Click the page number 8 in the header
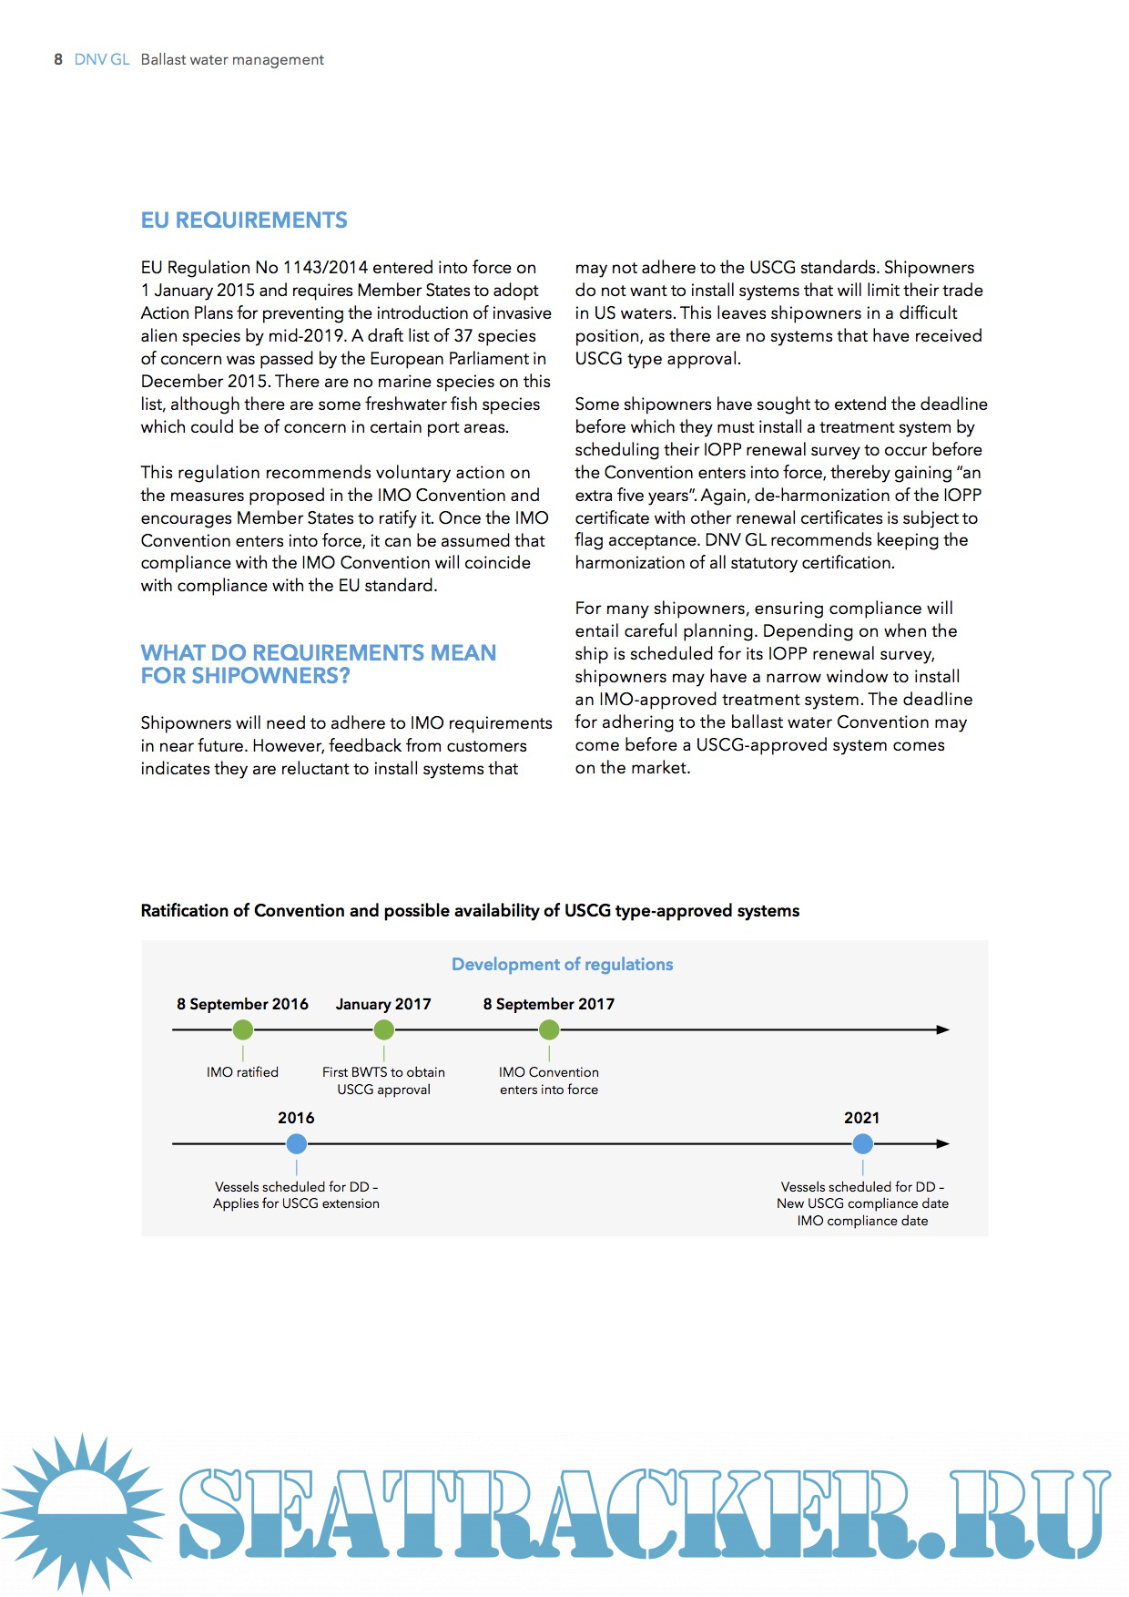(58, 59)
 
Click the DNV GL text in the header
(102, 59)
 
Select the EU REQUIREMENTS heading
(244, 220)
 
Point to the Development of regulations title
(562, 964)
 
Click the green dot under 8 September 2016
(243, 1029)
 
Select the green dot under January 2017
(384, 1029)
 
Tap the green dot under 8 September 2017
(549, 1029)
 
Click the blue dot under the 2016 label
(297, 1143)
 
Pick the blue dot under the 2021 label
(862, 1143)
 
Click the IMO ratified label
(242, 1072)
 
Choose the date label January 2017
(383, 1004)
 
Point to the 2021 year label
(861, 1118)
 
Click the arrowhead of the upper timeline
(943, 1029)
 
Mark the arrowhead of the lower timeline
(943, 1143)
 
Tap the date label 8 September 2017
(548, 1004)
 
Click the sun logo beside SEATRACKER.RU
(83, 1512)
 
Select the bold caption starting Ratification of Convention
(470, 911)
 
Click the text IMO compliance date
(862, 1221)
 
